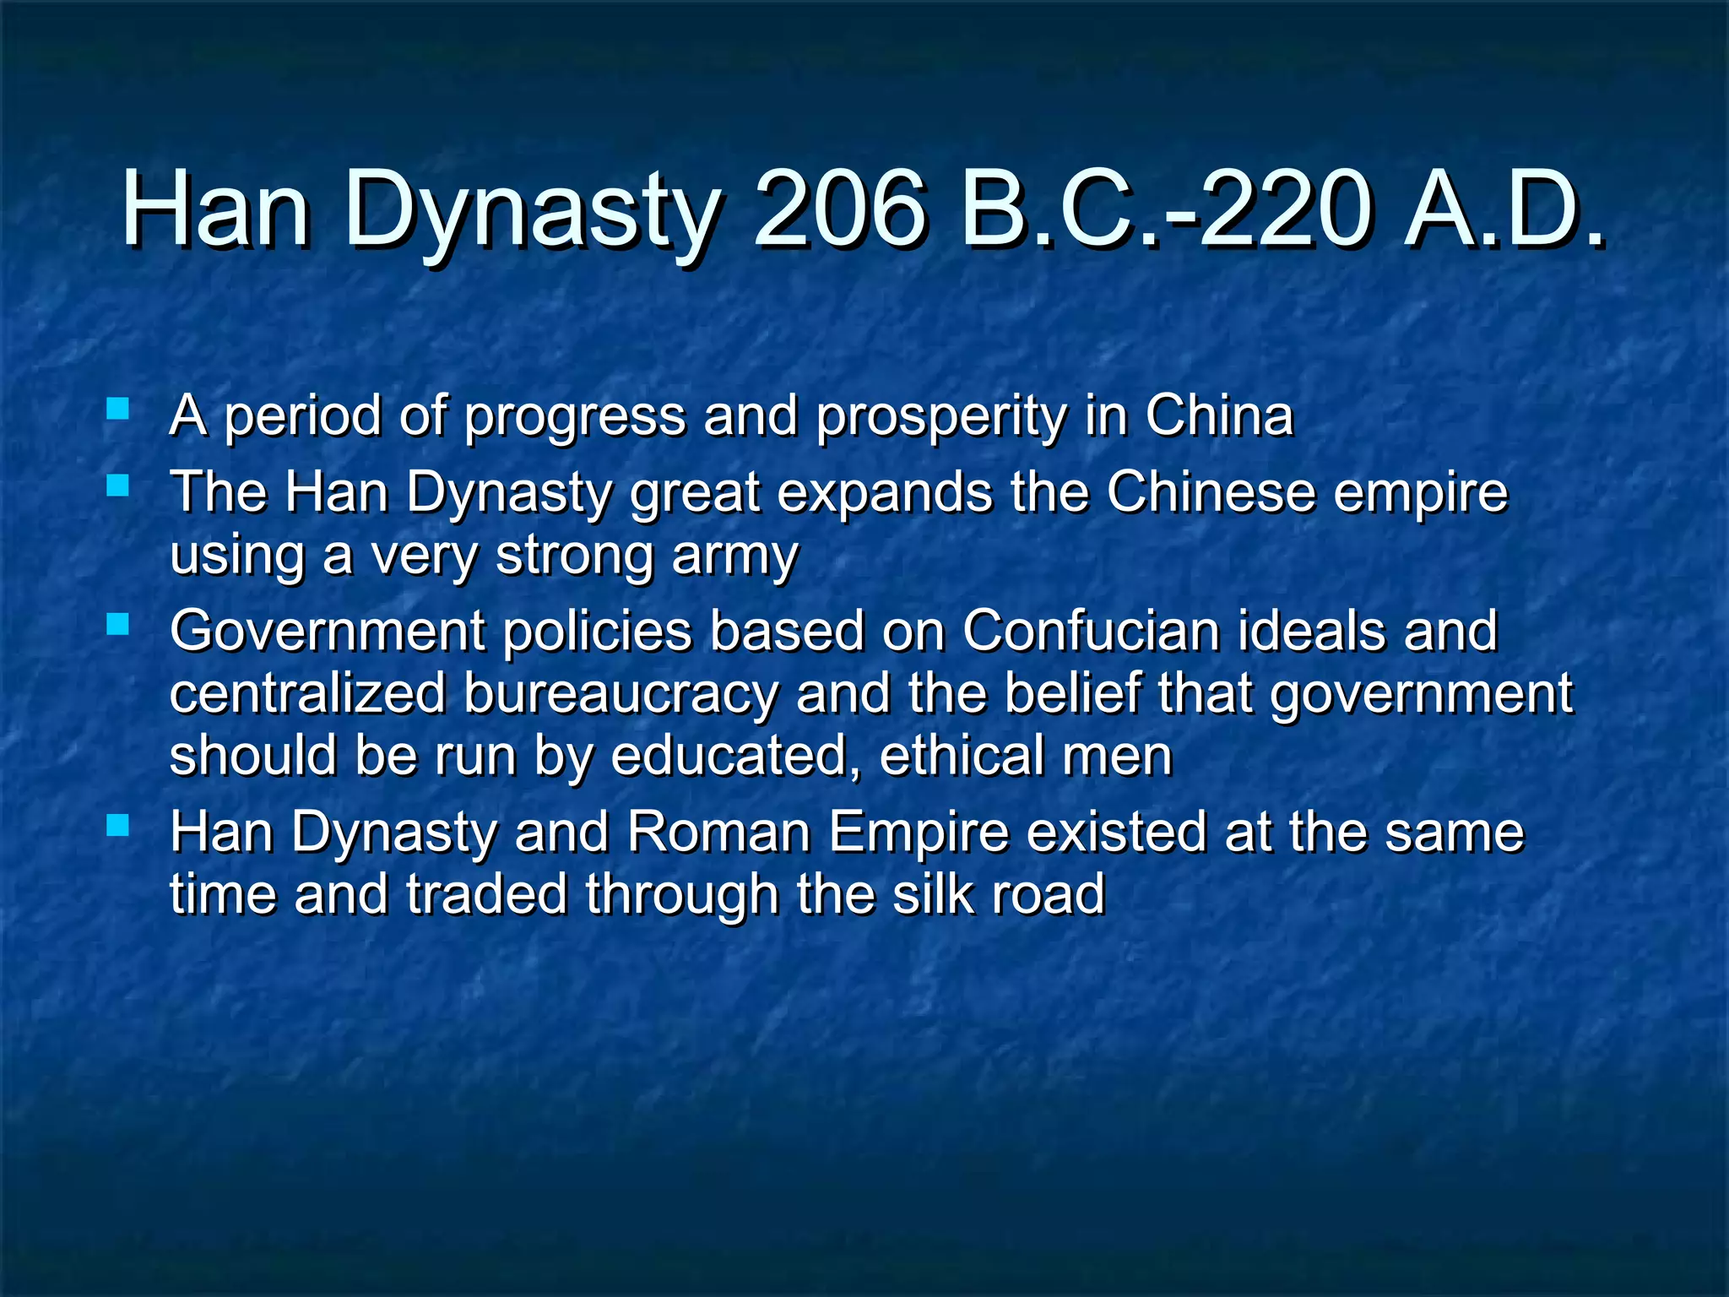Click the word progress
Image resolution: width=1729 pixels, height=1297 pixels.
(575, 417)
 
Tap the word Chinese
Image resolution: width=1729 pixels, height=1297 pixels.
(1211, 491)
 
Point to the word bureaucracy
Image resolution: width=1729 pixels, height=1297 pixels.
(620, 694)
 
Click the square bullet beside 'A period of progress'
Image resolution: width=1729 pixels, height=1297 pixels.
(118, 410)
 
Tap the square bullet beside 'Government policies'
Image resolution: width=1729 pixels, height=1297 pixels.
(118, 625)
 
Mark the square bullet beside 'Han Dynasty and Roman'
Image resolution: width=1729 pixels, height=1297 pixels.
(118, 825)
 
